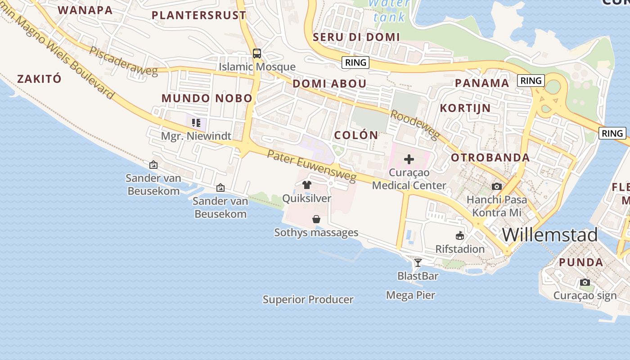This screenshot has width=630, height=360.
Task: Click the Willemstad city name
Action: (x=549, y=235)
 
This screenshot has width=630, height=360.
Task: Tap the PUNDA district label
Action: (x=581, y=262)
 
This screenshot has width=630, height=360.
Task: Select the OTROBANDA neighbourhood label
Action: (x=490, y=157)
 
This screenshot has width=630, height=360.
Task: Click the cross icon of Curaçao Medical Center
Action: (x=409, y=159)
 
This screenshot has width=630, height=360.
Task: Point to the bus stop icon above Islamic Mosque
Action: (x=257, y=54)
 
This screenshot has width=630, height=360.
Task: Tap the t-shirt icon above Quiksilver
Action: (x=307, y=184)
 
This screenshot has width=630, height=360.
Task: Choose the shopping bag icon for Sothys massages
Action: (x=316, y=219)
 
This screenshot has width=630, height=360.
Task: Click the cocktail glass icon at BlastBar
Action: (x=418, y=262)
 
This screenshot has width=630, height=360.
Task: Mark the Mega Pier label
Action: (x=410, y=295)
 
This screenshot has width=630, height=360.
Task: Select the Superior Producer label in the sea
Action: (x=308, y=300)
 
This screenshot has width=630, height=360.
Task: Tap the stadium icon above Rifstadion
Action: (x=460, y=236)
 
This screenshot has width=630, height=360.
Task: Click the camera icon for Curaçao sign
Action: (x=585, y=283)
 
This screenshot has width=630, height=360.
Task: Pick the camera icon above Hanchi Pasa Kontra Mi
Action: (x=496, y=186)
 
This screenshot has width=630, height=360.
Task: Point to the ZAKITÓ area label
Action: (x=39, y=79)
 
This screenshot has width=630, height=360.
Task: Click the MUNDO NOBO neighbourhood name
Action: (x=207, y=98)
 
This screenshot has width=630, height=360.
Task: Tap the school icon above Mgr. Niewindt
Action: (x=196, y=122)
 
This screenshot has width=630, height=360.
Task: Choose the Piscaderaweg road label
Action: (x=123, y=61)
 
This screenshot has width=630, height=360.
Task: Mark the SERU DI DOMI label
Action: (x=356, y=37)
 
